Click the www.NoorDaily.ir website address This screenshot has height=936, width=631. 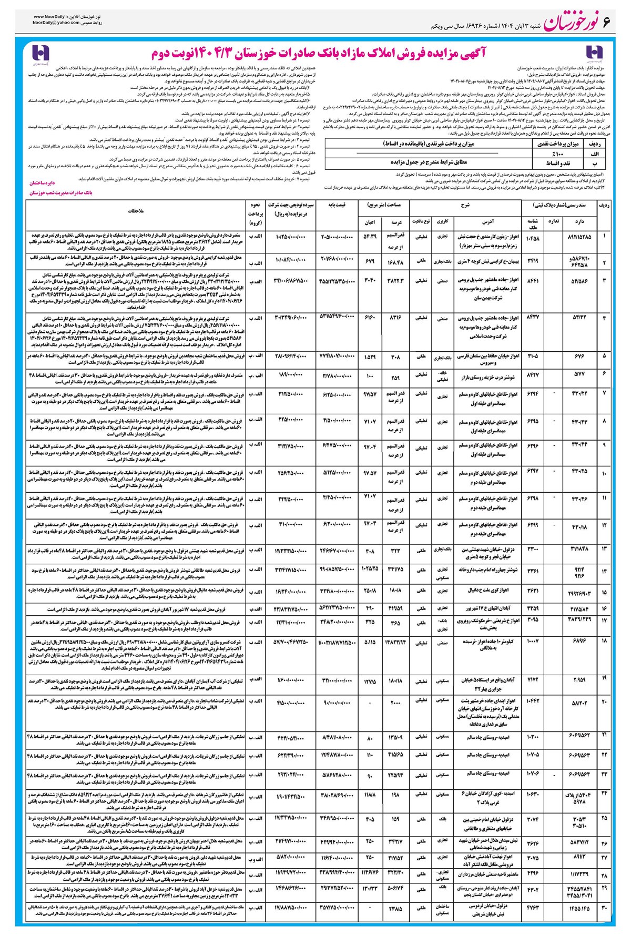tap(52, 18)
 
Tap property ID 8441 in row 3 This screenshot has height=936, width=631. tap(533, 281)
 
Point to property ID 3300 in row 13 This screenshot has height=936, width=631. tap(533, 549)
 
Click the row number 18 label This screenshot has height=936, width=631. tap(604, 642)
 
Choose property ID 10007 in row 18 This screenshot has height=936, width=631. tap(533, 642)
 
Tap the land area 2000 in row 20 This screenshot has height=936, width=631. tap(395, 704)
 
